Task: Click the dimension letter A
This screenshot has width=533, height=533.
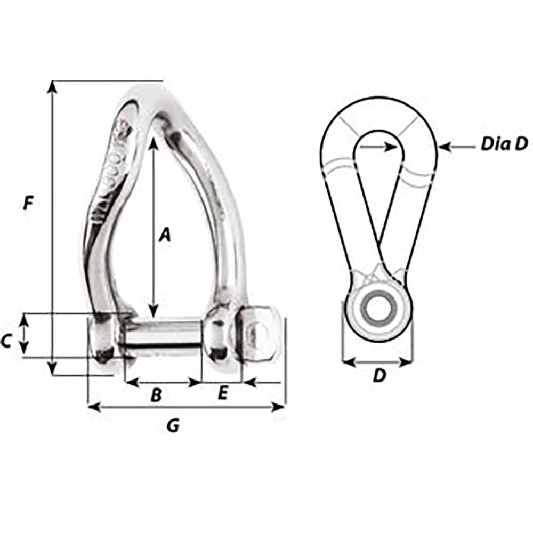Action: tap(165, 234)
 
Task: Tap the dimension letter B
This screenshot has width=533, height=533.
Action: tap(156, 395)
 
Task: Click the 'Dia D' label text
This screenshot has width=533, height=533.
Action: tap(504, 143)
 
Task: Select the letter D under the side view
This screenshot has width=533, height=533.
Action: tap(378, 376)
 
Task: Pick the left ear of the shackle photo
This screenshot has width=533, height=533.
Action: tap(102, 341)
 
